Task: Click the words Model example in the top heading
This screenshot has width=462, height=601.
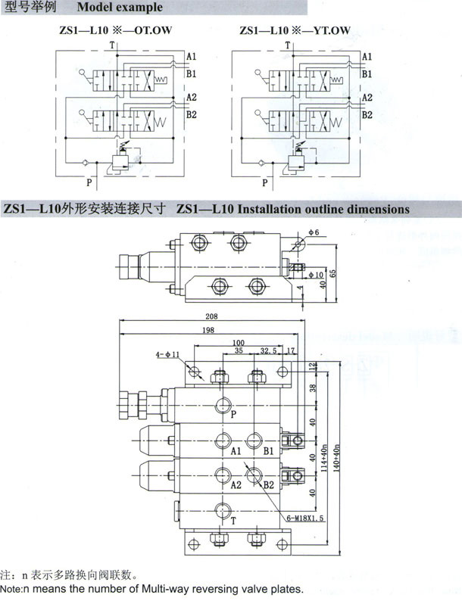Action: coord(120,8)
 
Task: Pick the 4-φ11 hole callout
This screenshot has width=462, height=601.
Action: coord(167,353)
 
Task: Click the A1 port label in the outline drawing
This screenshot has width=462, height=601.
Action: coord(236,451)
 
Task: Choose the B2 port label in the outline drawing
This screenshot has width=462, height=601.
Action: coord(268,485)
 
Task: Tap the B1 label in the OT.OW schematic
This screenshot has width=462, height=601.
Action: coord(192,73)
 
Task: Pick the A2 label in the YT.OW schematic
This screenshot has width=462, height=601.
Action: coord(367,98)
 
